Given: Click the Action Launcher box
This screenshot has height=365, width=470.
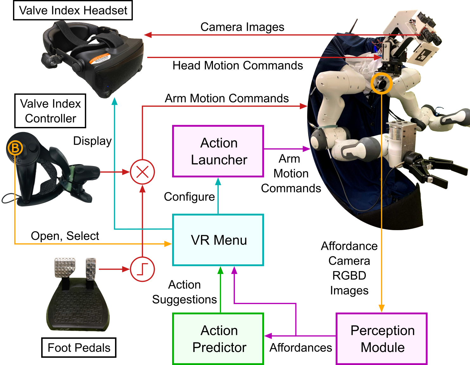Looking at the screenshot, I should (x=218, y=151).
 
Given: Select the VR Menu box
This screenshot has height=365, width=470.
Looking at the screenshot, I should (x=218, y=240).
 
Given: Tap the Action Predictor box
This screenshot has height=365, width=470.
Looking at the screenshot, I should (x=218, y=339).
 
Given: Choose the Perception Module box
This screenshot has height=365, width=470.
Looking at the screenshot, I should (x=382, y=339).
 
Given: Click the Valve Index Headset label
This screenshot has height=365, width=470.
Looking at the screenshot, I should (x=73, y=10).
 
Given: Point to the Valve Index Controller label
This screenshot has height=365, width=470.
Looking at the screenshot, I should (x=50, y=111).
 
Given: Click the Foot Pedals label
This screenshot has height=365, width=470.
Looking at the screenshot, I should (x=79, y=348).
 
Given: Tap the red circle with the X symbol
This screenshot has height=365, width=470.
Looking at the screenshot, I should (x=142, y=172).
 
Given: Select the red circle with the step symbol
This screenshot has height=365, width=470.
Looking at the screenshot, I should (x=142, y=269).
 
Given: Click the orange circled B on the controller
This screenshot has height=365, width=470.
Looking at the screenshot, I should (x=15, y=148).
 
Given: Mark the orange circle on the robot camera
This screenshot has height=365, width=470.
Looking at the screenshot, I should (x=382, y=83).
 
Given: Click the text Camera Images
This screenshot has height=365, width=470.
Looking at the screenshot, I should (x=242, y=27).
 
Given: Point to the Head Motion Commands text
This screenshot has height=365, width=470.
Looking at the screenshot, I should (x=237, y=65).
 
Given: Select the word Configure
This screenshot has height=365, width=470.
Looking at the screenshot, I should (x=189, y=197).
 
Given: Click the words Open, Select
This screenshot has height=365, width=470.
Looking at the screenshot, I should (x=65, y=236).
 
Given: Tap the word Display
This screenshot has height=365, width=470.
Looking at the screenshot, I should (x=92, y=141).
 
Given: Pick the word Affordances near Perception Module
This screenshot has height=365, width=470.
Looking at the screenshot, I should (x=300, y=348).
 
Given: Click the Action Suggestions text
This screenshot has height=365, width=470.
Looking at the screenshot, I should (x=184, y=292).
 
